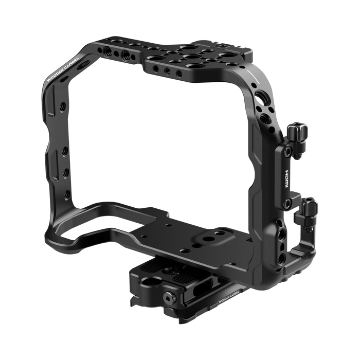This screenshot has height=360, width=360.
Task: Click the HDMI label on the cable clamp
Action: [x=288, y=173]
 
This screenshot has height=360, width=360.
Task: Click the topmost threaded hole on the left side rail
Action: [x=62, y=104]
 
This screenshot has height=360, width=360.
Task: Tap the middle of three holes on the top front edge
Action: [x=167, y=70]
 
